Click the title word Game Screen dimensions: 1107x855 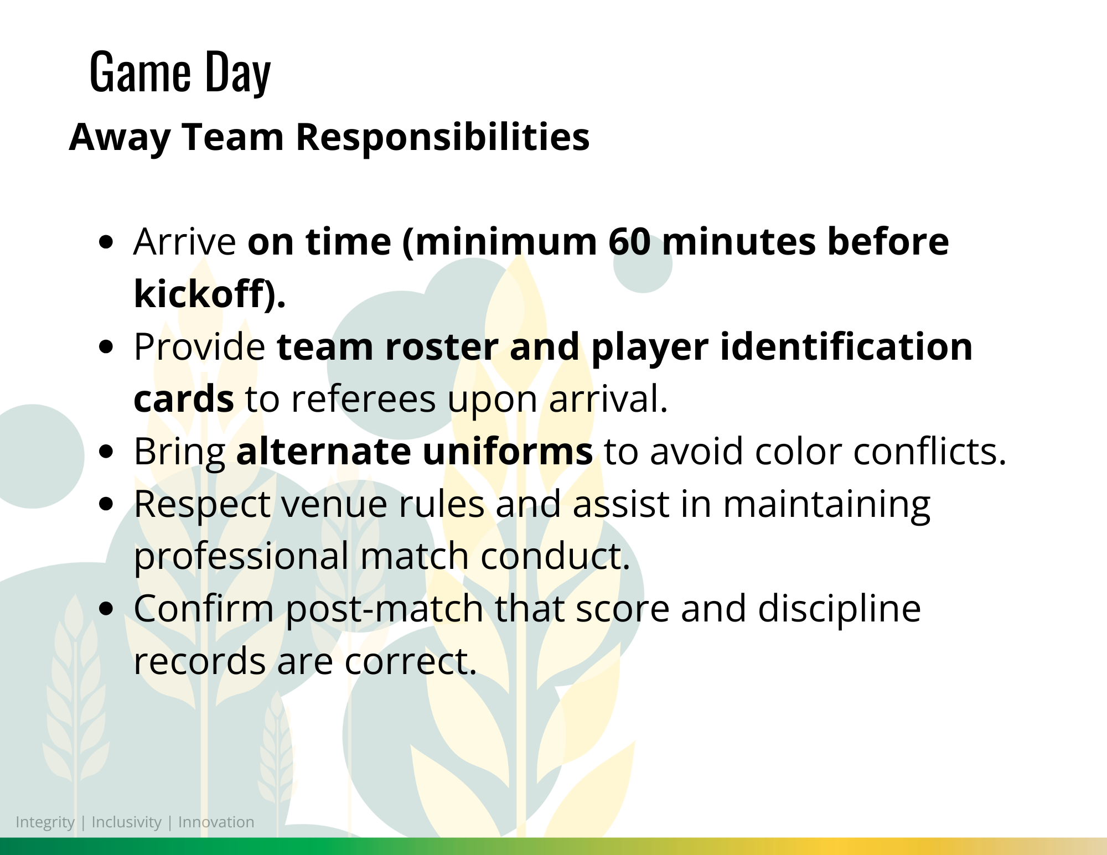[x=140, y=71]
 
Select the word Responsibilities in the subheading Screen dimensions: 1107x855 [x=443, y=137]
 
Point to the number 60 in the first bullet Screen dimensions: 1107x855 [x=629, y=242]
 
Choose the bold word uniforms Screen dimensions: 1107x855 [x=508, y=451]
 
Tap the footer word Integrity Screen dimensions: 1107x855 [x=45, y=822]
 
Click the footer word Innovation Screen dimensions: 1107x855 [x=216, y=822]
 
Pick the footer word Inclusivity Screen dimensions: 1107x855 [x=126, y=822]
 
